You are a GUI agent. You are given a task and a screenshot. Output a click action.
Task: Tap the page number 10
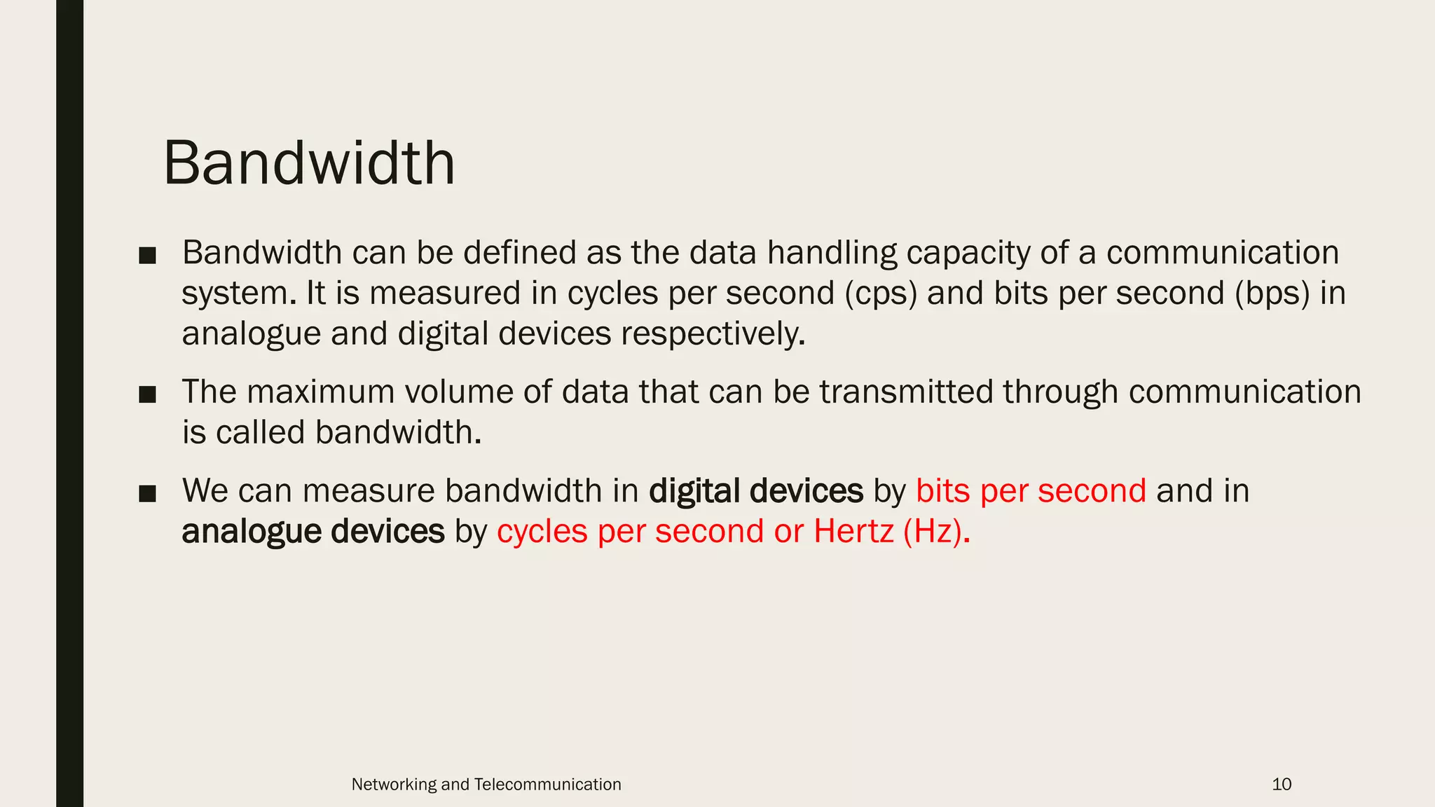(x=1281, y=784)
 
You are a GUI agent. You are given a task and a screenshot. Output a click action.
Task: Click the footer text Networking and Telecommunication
(x=486, y=784)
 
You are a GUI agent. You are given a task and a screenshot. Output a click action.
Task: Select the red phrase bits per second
(x=1031, y=490)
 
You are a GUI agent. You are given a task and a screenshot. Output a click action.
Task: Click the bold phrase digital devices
(x=755, y=490)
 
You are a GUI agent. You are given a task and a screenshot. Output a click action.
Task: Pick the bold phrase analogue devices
(x=313, y=531)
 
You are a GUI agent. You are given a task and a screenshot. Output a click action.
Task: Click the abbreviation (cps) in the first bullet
(x=881, y=293)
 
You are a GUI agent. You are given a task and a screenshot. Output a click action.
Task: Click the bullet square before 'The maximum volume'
(x=147, y=394)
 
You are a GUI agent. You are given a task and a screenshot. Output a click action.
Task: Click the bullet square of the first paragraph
(x=147, y=256)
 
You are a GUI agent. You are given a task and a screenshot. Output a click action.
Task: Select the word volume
(x=459, y=392)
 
